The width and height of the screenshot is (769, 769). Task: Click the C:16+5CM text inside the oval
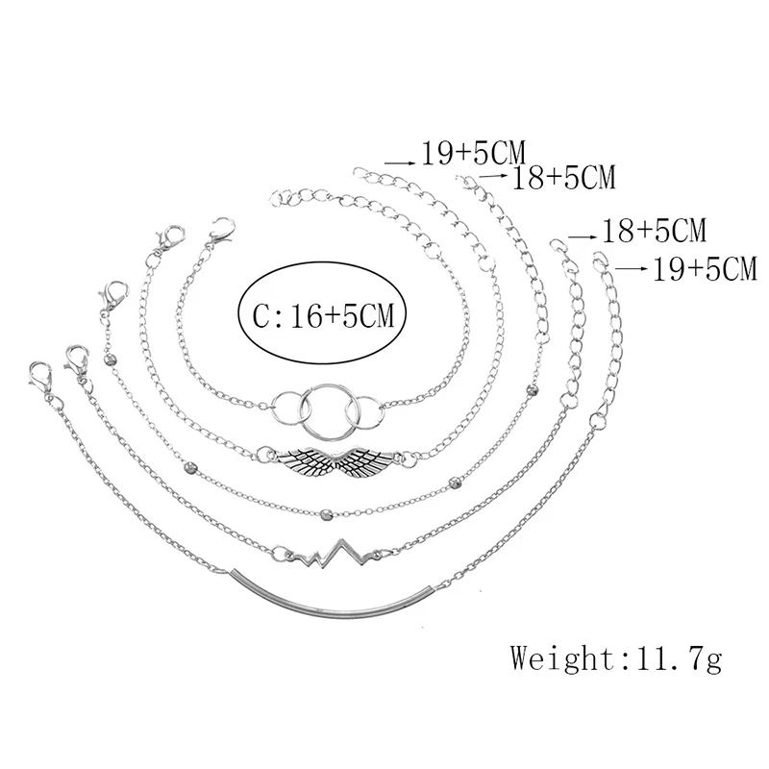pyautogui.click(x=324, y=316)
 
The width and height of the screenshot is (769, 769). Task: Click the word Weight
pyautogui.click(x=561, y=657)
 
